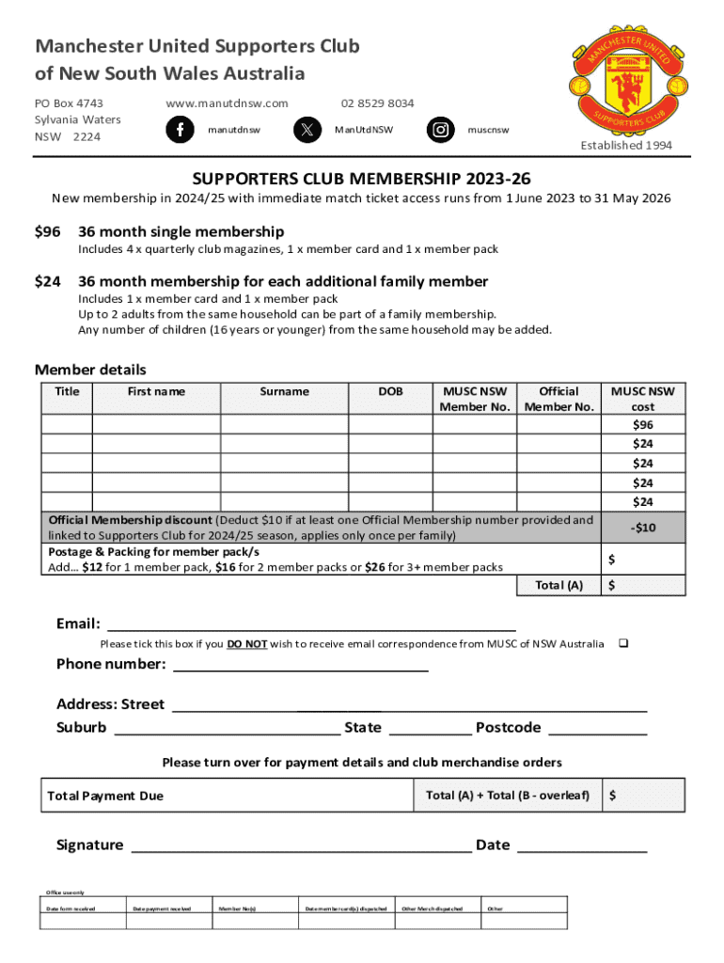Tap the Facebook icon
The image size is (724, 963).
pos(180,130)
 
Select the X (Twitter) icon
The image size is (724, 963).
pos(308,130)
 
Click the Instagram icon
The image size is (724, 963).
pos(439,130)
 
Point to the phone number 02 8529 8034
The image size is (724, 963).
pos(377,103)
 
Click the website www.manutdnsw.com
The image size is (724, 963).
pos(227,103)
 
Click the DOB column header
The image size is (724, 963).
pos(390,391)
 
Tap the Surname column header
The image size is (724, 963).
pos(284,391)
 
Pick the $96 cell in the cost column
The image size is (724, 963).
pos(643,425)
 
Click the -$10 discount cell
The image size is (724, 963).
pos(643,528)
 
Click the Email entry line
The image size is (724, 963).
pos(311,624)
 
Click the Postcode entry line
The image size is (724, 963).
pos(597,729)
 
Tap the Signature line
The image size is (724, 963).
pos(301,845)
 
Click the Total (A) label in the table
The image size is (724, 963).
pos(559,586)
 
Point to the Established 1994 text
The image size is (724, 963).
pos(625,145)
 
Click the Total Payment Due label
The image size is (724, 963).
pos(105,796)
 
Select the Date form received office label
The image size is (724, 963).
pos(71,908)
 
